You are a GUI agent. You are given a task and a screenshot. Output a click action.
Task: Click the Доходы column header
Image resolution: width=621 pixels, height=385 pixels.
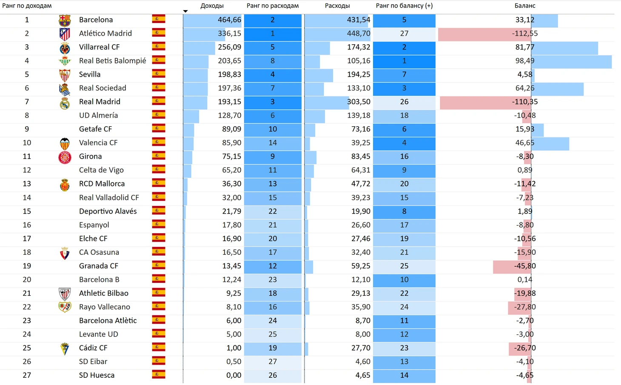click(212, 6)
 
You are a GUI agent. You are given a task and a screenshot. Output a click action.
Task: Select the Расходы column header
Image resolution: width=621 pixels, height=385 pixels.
click(337, 6)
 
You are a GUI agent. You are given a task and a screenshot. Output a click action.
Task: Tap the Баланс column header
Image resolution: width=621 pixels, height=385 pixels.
click(525, 6)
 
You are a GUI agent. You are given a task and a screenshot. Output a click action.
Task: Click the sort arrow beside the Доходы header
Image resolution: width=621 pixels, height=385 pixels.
click(185, 11)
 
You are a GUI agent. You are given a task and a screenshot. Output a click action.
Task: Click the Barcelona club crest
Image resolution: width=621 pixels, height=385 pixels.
click(65, 20)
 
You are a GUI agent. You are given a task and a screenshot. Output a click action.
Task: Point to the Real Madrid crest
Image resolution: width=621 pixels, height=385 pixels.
click(65, 102)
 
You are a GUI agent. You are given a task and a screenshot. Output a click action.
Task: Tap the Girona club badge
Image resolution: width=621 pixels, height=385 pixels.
click(65, 157)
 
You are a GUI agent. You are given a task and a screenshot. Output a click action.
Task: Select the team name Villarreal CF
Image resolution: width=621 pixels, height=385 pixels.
click(99, 47)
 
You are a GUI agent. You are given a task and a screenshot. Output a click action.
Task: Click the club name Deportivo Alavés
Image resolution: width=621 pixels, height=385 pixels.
click(108, 211)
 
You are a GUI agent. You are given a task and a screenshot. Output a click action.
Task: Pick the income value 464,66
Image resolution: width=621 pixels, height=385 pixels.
click(229, 20)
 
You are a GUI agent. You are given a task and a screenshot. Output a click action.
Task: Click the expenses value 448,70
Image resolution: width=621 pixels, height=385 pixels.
click(359, 34)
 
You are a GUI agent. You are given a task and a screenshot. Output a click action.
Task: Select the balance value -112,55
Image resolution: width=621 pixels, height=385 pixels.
click(525, 34)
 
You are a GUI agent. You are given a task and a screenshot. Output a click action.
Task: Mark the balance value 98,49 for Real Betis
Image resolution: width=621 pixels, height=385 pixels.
click(525, 61)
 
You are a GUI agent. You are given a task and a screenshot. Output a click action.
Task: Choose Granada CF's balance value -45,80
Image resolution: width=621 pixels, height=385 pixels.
click(525, 266)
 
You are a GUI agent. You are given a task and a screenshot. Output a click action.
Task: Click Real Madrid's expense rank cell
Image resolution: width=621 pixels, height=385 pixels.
click(273, 102)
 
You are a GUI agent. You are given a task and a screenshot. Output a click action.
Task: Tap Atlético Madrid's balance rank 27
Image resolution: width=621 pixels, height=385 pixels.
click(404, 34)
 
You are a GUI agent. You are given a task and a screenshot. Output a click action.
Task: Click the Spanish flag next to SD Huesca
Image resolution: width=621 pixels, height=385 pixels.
click(159, 375)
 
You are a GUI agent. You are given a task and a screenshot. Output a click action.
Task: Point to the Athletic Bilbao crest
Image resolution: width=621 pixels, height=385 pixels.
click(65, 294)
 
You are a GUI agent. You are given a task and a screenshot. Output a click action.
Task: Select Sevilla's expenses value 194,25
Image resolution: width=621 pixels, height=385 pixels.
click(359, 74)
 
